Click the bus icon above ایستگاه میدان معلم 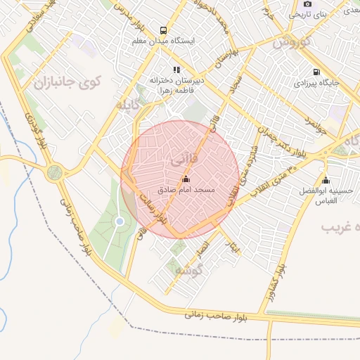coord(164,30)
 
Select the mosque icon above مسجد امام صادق coord(185,179)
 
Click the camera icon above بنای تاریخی coord(308,4)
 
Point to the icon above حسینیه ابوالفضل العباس coord(325,180)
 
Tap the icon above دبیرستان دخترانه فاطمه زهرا coord(176,70)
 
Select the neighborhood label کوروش coord(291,42)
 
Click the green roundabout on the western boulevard coord(54,173)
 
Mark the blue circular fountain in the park coord(120,222)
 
